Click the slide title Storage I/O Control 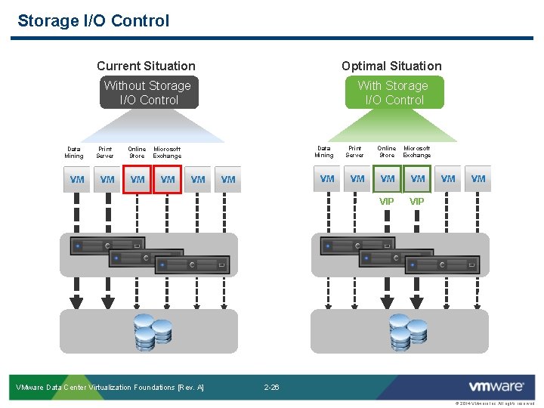click(x=93, y=21)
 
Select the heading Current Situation click(x=146, y=66)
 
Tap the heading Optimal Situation click(x=391, y=66)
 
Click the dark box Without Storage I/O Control click(x=148, y=93)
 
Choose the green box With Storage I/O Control click(x=394, y=93)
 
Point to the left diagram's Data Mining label click(x=75, y=153)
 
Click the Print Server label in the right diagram click(x=354, y=152)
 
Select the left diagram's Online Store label click(x=137, y=153)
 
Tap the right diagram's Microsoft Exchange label click(x=416, y=152)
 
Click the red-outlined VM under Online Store click(x=138, y=180)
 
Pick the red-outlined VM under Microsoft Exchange click(x=168, y=180)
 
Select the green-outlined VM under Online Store click(x=388, y=179)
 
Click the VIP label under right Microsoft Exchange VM click(x=416, y=202)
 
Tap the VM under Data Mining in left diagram click(x=77, y=180)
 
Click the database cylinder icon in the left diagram click(x=152, y=332)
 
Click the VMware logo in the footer click(x=496, y=387)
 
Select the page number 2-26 click(x=271, y=388)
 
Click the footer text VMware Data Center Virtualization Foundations click(x=110, y=388)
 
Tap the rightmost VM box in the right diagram click(x=478, y=179)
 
